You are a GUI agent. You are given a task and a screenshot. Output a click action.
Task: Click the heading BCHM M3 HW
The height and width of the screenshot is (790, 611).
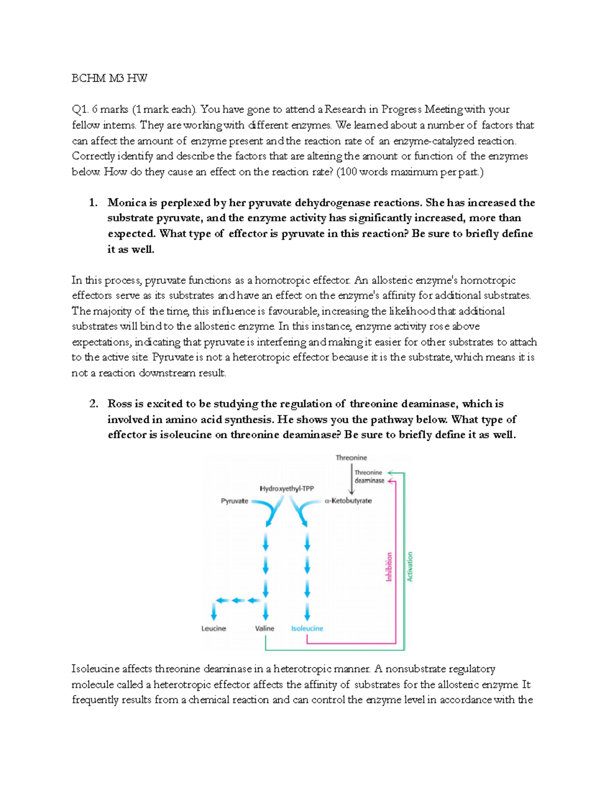tap(109, 78)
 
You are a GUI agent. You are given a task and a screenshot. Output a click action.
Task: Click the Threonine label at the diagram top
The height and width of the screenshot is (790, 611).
tap(351, 458)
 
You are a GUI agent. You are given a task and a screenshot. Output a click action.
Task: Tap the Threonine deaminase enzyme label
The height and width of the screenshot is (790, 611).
tap(369, 477)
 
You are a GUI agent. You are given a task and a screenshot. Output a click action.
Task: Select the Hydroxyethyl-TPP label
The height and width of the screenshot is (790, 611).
tap(287, 489)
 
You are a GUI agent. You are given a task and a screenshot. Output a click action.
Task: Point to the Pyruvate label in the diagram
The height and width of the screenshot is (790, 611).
tap(234, 501)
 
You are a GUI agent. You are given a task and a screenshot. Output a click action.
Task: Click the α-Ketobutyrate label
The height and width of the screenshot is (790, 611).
tap(348, 501)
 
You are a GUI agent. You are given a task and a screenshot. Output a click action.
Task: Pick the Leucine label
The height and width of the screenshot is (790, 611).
tap(213, 629)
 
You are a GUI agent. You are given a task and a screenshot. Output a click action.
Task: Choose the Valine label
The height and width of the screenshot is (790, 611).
tap(264, 629)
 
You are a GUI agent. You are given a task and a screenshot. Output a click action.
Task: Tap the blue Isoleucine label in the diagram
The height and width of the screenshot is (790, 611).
tap(307, 629)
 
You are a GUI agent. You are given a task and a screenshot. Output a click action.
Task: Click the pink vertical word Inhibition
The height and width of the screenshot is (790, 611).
tap(389, 567)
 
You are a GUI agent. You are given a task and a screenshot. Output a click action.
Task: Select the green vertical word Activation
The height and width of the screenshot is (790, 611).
tap(410, 567)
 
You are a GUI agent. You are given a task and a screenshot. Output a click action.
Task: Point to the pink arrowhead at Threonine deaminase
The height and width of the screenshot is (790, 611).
tap(391, 481)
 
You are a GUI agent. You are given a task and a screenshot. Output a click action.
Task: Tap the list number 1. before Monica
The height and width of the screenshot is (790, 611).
tap(93, 203)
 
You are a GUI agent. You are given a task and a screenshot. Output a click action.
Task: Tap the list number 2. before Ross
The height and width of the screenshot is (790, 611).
tap(93, 404)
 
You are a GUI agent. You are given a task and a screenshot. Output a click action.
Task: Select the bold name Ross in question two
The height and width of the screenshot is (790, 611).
tap(120, 404)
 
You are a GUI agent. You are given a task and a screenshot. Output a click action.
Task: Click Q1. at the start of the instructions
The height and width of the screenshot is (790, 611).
tap(80, 109)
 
